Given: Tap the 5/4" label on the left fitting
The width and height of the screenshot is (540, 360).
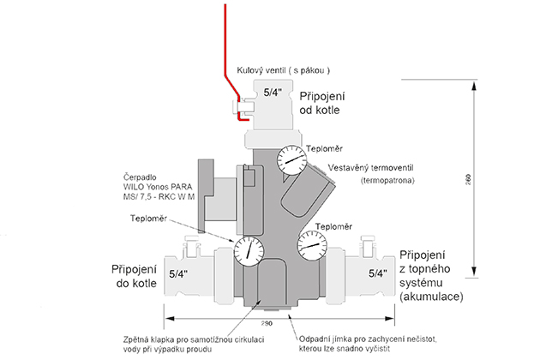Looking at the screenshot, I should (x=179, y=274).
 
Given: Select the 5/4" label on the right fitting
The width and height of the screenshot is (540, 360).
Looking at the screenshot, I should (x=375, y=274).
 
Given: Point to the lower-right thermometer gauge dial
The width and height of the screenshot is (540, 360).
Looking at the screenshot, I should (x=313, y=248).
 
